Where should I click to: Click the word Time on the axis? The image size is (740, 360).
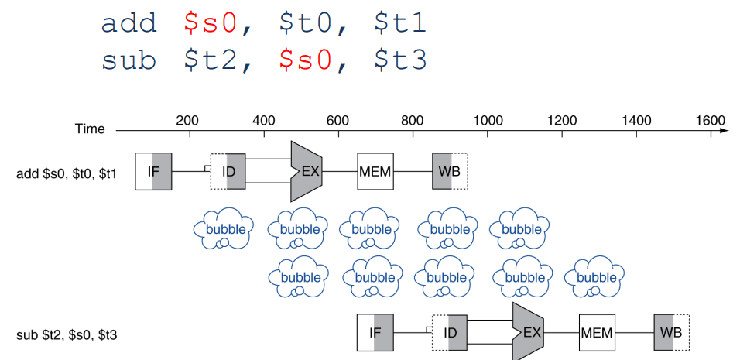[90, 129]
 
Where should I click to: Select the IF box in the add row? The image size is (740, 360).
[153, 171]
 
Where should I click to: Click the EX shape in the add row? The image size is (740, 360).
[306, 171]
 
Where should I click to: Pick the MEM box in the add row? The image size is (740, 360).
[375, 171]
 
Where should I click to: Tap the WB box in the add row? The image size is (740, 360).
[450, 171]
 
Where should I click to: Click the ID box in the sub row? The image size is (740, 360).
[449, 333]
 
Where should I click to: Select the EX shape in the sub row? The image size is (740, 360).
[528, 332]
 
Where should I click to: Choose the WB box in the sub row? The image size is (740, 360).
[671, 333]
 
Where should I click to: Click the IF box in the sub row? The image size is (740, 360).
[375, 333]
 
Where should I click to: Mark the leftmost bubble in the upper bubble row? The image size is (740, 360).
[224, 229]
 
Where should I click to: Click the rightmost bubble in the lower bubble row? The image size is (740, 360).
[596, 276]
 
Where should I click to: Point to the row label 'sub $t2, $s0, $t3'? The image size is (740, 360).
[67, 335]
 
